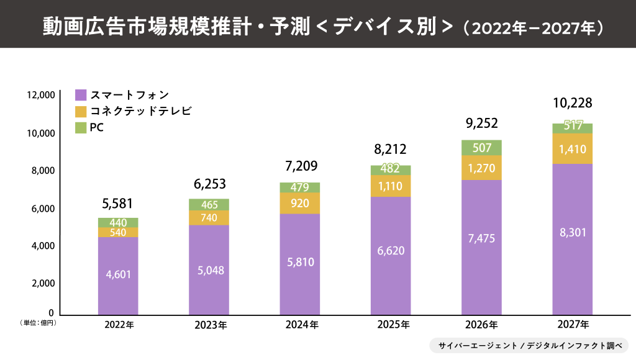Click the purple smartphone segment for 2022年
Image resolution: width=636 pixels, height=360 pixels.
(x=118, y=275)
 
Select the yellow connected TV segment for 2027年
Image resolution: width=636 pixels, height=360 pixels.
(x=572, y=148)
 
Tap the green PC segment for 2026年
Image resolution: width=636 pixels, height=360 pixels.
(x=481, y=148)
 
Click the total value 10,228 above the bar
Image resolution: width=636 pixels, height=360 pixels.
(x=572, y=103)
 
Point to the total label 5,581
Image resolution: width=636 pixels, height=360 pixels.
(x=117, y=204)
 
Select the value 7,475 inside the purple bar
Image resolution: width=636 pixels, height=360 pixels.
(x=481, y=238)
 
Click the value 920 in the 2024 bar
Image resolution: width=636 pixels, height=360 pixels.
(x=300, y=202)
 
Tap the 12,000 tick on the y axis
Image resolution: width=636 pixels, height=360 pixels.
(x=41, y=95)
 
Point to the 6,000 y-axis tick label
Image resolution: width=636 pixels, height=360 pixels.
(x=43, y=208)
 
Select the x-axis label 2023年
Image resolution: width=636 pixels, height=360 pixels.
(x=209, y=325)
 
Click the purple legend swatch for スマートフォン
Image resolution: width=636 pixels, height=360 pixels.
(x=81, y=95)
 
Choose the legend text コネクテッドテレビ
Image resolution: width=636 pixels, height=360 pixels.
(x=141, y=111)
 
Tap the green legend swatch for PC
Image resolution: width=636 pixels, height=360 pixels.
(x=81, y=127)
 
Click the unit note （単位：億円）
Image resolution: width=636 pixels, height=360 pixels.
(x=39, y=323)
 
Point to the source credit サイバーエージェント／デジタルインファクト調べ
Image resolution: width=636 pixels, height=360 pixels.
(x=529, y=345)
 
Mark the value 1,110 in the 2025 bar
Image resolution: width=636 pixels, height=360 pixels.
(x=391, y=186)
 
